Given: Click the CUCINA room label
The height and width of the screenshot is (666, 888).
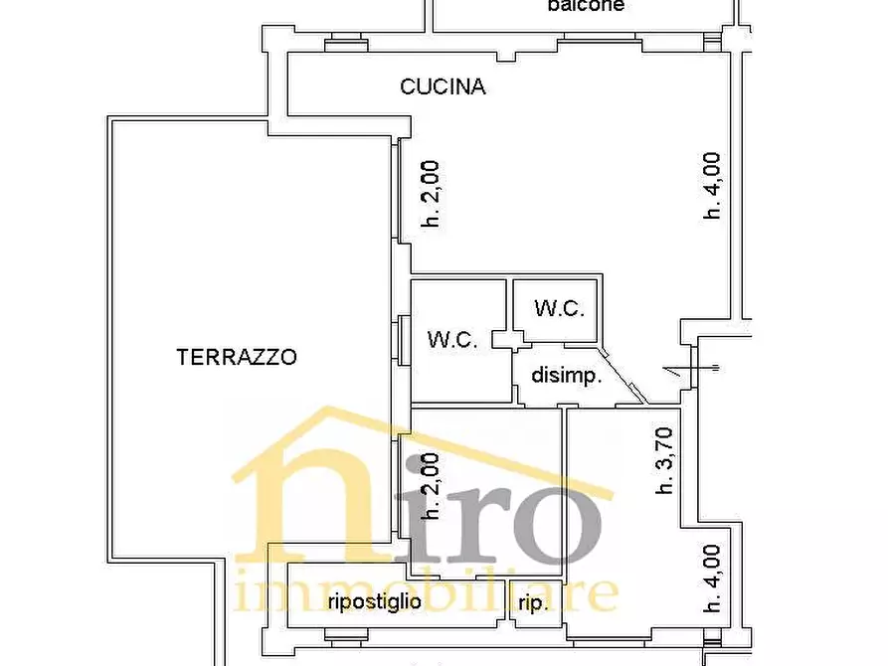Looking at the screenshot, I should (x=443, y=86).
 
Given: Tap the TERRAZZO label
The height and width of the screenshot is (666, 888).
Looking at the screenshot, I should (x=237, y=357).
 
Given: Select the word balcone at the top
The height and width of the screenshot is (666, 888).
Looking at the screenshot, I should (x=586, y=6).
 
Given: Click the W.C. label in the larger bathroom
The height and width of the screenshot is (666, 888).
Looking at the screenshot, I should (x=453, y=339).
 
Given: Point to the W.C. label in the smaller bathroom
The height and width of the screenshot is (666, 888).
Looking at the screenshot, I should (x=559, y=308).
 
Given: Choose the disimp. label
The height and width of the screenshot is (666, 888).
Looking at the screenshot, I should (x=566, y=376).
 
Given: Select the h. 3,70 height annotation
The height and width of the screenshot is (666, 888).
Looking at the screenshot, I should (x=664, y=460).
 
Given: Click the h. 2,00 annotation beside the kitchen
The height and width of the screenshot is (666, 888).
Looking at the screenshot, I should (x=430, y=195).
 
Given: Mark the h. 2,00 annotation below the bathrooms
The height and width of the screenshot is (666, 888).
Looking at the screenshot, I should (x=430, y=486).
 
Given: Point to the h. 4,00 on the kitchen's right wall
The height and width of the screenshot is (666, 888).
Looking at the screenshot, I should (x=712, y=185).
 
